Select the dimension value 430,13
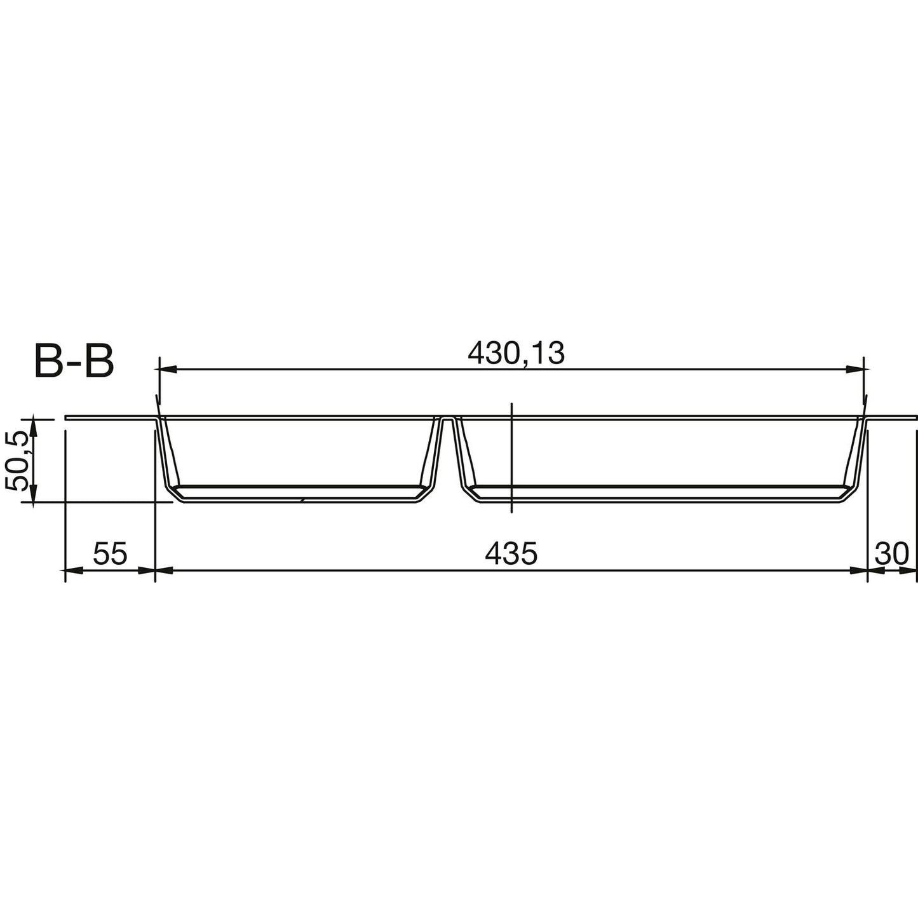pyautogui.click(x=516, y=354)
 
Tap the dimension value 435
pyautogui.click(x=511, y=554)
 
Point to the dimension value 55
pyautogui.click(x=111, y=554)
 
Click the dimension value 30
pyautogui.click(x=892, y=554)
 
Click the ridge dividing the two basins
pyautogui.click(x=447, y=421)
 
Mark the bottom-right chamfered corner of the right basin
pyautogui.click(x=851, y=494)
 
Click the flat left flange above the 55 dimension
pyautogui.click(x=111, y=417)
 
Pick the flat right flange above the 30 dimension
pyautogui.click(x=893, y=417)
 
